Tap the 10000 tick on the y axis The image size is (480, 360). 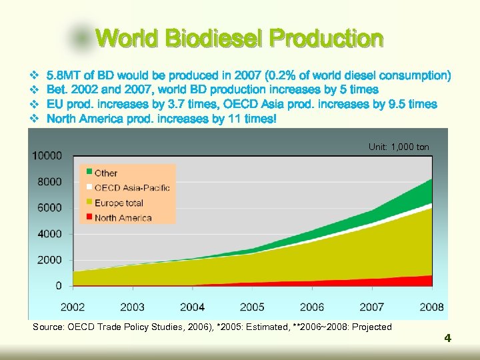(49, 155)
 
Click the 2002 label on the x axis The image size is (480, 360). (73, 307)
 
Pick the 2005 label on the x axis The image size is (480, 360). (252, 307)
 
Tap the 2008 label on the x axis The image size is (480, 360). (431, 307)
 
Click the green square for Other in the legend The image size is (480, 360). (88, 172)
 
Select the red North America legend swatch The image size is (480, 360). (88, 217)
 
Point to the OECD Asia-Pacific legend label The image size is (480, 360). (132, 187)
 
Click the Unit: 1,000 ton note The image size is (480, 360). (399, 147)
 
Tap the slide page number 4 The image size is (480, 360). (448, 338)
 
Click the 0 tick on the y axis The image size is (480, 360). (59, 285)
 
